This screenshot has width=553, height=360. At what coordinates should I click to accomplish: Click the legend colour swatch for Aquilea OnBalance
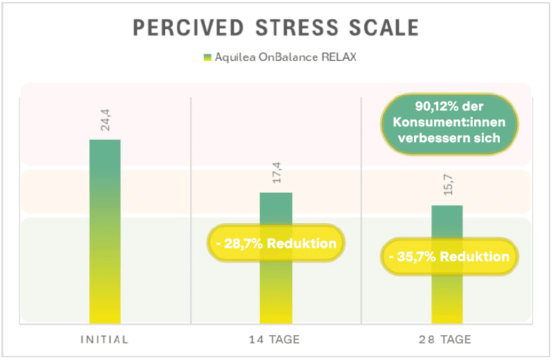(x=207, y=57)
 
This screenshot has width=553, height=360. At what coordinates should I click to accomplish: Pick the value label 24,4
(x=105, y=124)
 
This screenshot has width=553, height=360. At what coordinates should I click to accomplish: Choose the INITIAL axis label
(x=105, y=339)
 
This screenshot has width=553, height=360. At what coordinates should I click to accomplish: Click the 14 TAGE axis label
(x=276, y=339)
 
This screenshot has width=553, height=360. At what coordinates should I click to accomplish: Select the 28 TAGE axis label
(x=447, y=339)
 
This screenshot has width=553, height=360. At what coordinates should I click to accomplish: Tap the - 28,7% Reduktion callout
(x=276, y=243)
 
